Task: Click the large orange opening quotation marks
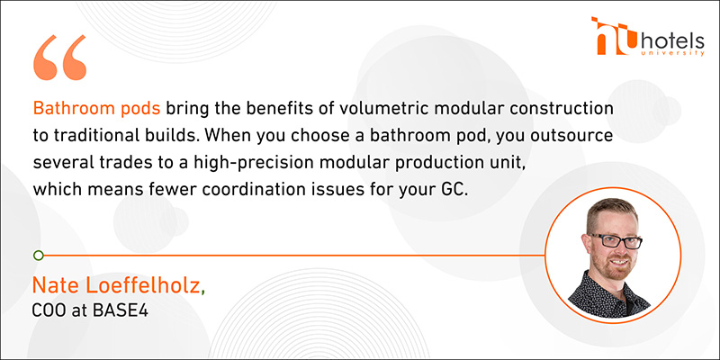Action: pos(59,58)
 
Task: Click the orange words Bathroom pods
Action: pos(97,108)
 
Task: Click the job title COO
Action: pos(48,310)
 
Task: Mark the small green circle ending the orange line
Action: pos(39,256)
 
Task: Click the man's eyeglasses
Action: pos(616,240)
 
